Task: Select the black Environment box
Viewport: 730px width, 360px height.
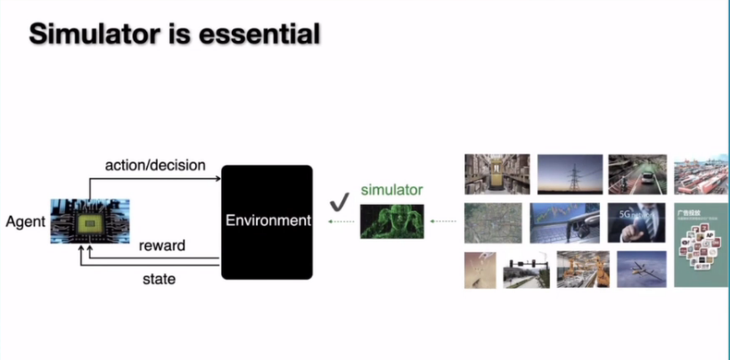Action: [x=267, y=221]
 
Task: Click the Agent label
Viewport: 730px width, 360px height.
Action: [x=25, y=221]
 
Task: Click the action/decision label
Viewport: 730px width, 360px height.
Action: [x=155, y=165]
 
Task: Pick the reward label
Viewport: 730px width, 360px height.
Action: [x=161, y=246]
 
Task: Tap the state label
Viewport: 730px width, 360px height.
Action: [x=160, y=279]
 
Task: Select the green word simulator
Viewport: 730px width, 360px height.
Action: [x=391, y=190]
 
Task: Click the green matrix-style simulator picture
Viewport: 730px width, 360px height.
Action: [x=391, y=222]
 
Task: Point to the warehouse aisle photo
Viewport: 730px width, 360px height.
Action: [x=496, y=174]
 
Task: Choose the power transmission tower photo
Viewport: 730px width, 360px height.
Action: [x=569, y=174]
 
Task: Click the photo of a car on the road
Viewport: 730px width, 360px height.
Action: [x=637, y=174]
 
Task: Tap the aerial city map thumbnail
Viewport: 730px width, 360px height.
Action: [x=493, y=223]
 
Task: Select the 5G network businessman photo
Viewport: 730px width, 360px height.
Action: [x=637, y=223]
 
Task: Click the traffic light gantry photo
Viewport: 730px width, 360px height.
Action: [x=526, y=270]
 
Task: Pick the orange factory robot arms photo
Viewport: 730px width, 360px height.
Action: [x=583, y=269]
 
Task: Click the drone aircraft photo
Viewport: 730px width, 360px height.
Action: [x=643, y=269]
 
